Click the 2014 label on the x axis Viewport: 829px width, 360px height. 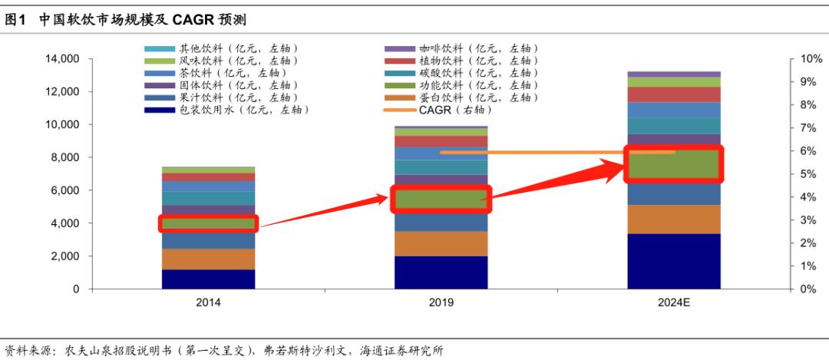click(x=208, y=303)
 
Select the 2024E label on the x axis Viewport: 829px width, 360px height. click(x=673, y=303)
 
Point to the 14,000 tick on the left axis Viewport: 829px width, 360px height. click(x=64, y=59)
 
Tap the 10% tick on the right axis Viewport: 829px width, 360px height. click(x=811, y=59)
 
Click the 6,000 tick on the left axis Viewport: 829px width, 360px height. click(x=67, y=190)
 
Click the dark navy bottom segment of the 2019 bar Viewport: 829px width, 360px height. click(x=441, y=272)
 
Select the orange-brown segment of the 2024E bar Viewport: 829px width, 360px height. click(x=673, y=219)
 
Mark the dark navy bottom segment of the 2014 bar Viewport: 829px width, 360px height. click(x=208, y=279)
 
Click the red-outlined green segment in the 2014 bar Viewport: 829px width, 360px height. click(x=208, y=223)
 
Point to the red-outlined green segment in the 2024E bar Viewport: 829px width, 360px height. click(x=673, y=164)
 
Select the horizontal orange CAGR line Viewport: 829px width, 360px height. click(x=557, y=152)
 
